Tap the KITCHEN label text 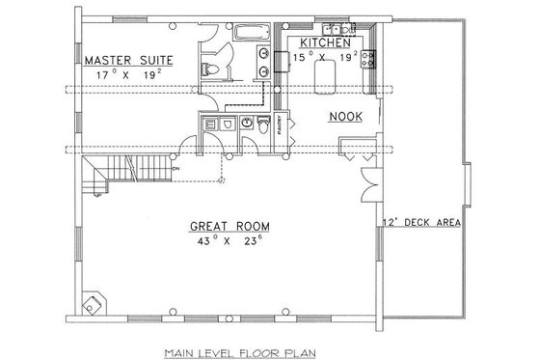pos(323,44)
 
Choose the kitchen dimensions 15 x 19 pos(325,58)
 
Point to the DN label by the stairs pos(175,169)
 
